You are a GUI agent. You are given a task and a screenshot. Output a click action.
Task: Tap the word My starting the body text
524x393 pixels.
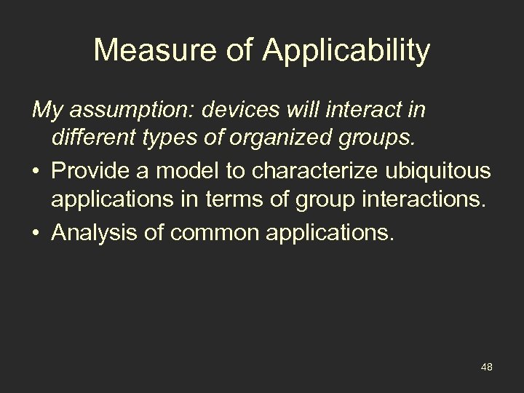pos(44,111)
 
